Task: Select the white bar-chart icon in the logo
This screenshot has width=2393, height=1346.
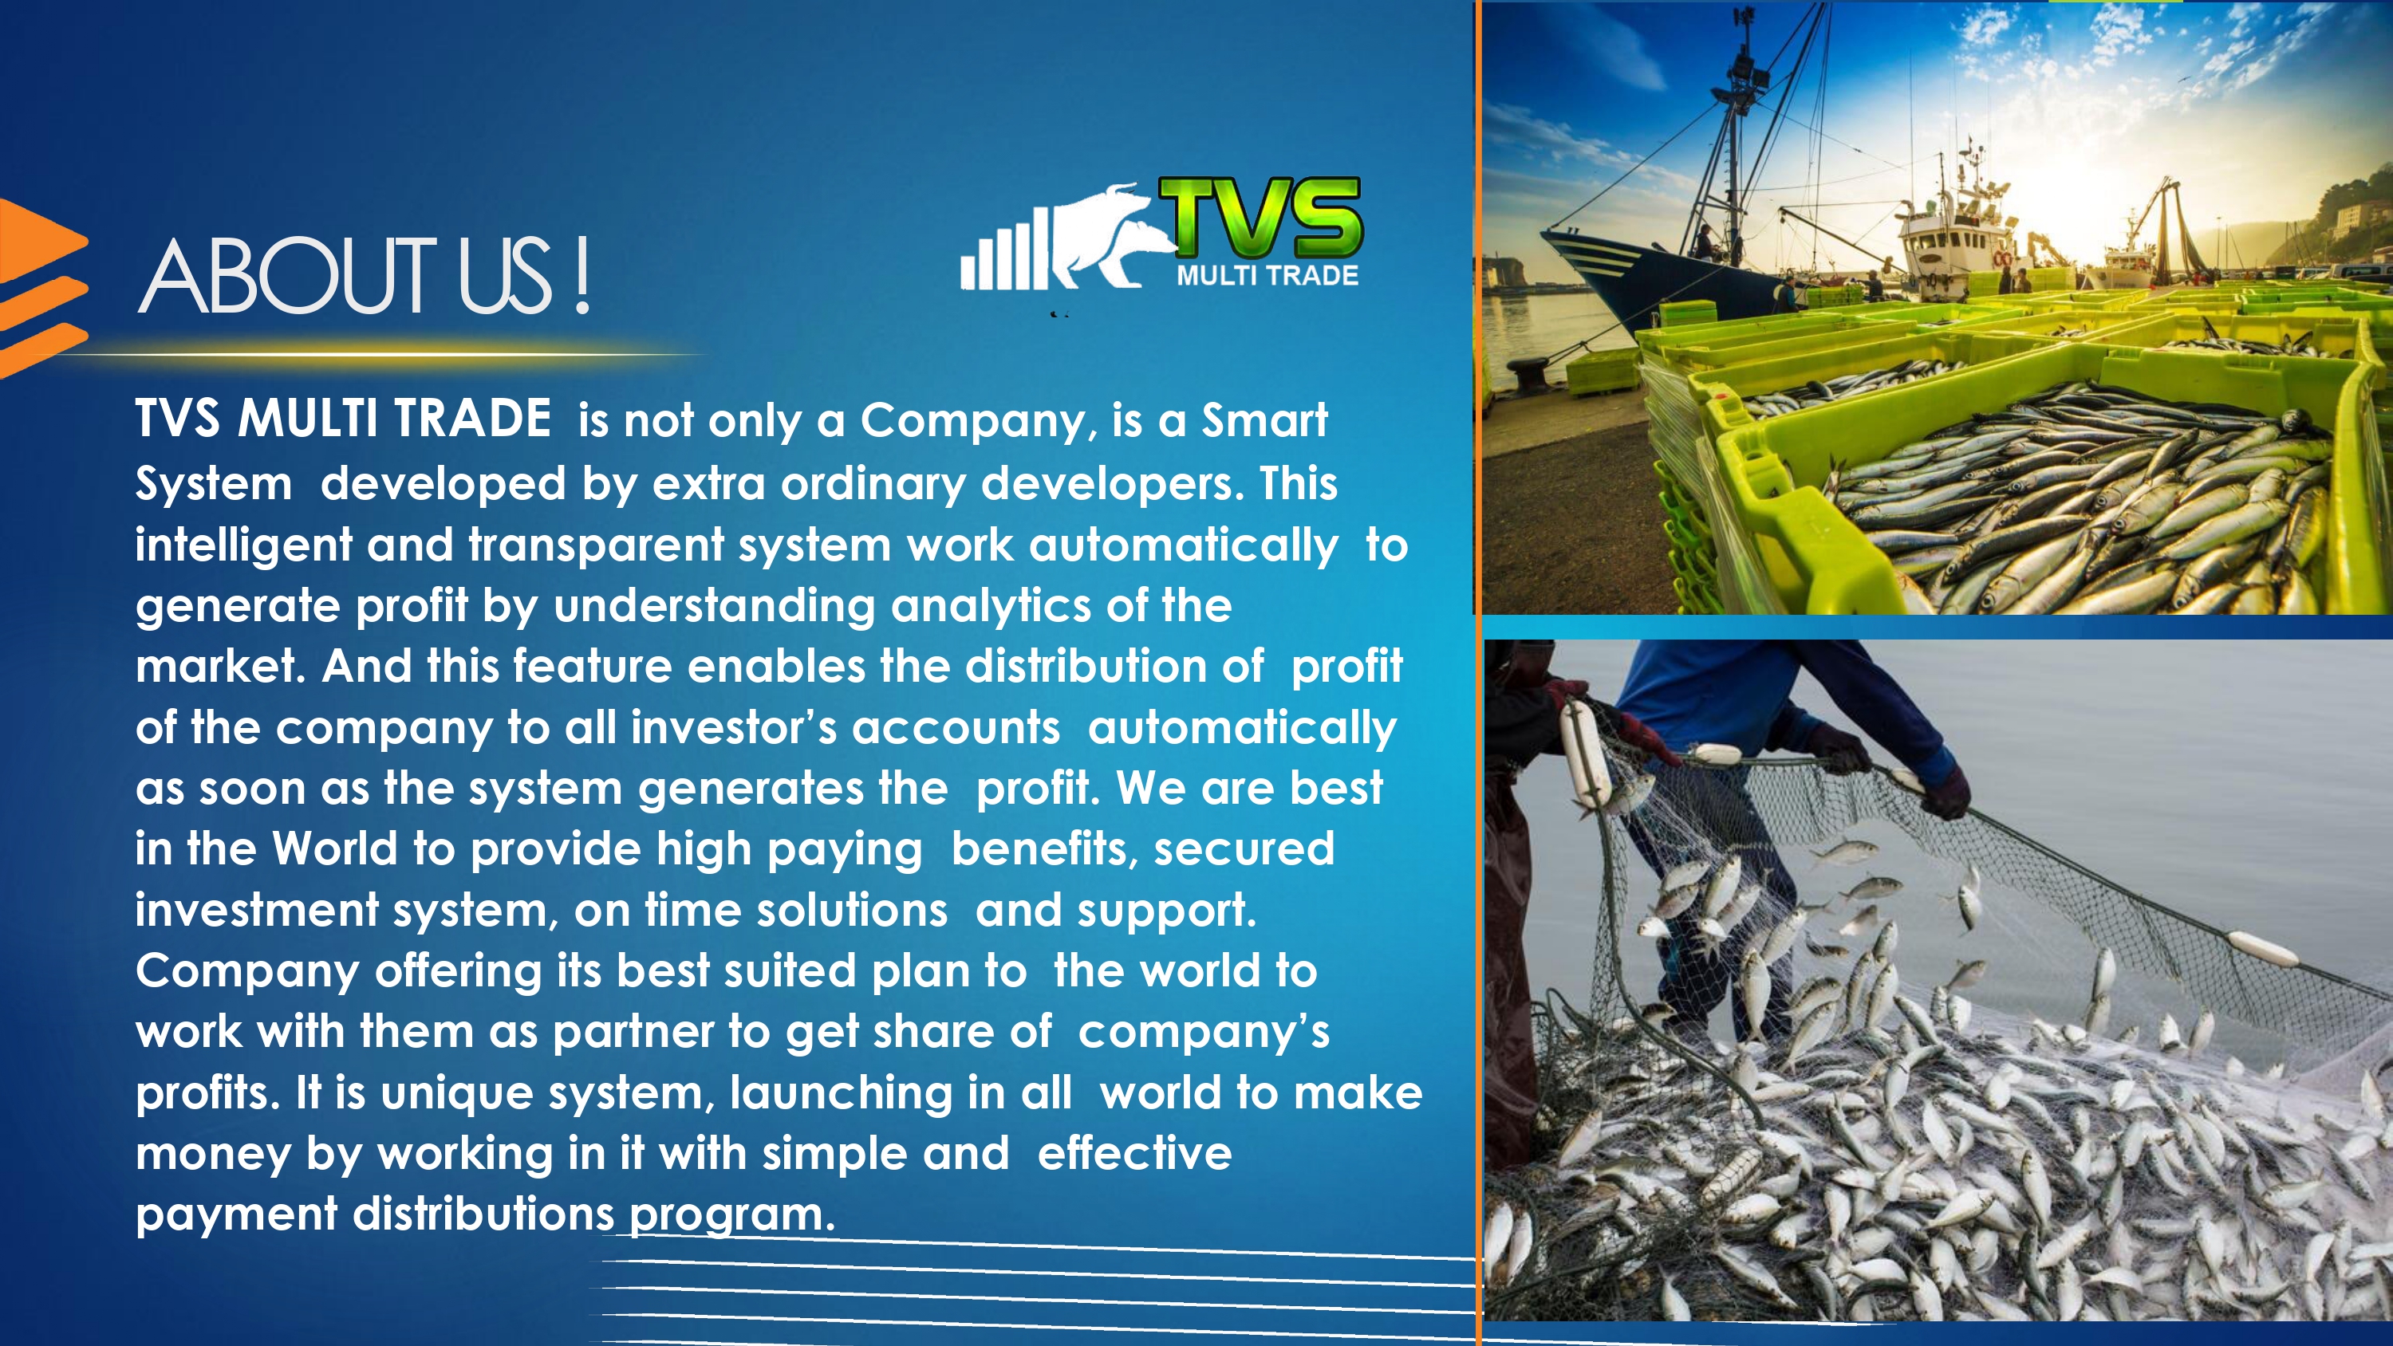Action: (1004, 248)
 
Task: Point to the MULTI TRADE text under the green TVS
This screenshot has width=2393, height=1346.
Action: (1267, 275)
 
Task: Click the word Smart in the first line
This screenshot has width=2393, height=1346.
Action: (1264, 420)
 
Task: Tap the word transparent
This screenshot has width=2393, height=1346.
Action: (596, 546)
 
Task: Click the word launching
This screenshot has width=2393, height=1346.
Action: (841, 1093)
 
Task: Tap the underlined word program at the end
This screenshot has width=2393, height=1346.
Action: (732, 1216)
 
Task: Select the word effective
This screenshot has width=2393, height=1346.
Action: (1134, 1154)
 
